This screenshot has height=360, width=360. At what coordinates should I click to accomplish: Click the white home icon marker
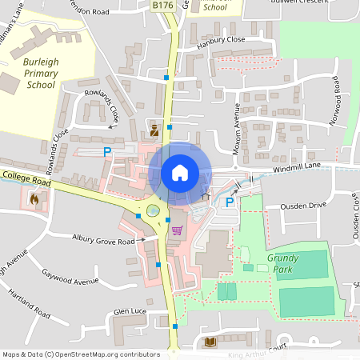pos(179,172)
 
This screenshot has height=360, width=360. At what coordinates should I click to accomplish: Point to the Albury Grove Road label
pos(103,238)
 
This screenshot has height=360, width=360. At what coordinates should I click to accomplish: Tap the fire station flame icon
pos(33,198)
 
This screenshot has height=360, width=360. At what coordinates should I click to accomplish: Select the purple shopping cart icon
pos(177,230)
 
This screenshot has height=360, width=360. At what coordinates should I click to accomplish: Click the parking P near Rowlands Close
pos(106,151)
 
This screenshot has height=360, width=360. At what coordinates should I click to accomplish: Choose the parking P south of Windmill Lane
pos(230,203)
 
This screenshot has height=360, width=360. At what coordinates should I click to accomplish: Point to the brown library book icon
pos(210,342)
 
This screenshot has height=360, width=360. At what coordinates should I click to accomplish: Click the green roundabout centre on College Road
pos(153,211)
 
